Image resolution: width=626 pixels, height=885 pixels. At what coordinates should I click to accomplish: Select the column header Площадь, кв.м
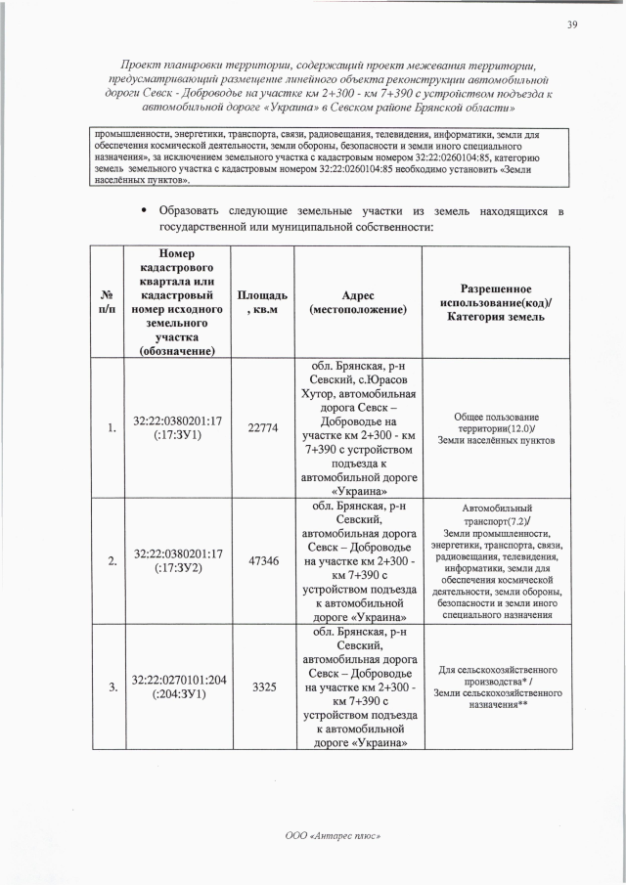point(262,302)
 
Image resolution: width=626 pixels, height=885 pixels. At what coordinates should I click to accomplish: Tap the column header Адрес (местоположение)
point(358,302)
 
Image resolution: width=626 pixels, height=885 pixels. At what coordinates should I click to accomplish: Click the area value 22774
point(262,427)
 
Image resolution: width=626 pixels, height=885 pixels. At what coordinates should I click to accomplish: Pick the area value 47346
point(262,561)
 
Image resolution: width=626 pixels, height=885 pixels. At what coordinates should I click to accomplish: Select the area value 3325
point(262,686)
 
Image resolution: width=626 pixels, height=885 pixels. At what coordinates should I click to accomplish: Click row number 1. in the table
point(112,427)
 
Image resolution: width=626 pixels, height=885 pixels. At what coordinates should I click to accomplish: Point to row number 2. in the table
point(112,561)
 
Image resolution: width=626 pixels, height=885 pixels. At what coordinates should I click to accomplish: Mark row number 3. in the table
point(112,686)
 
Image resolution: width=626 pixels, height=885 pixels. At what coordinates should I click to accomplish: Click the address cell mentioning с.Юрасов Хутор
point(358,427)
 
